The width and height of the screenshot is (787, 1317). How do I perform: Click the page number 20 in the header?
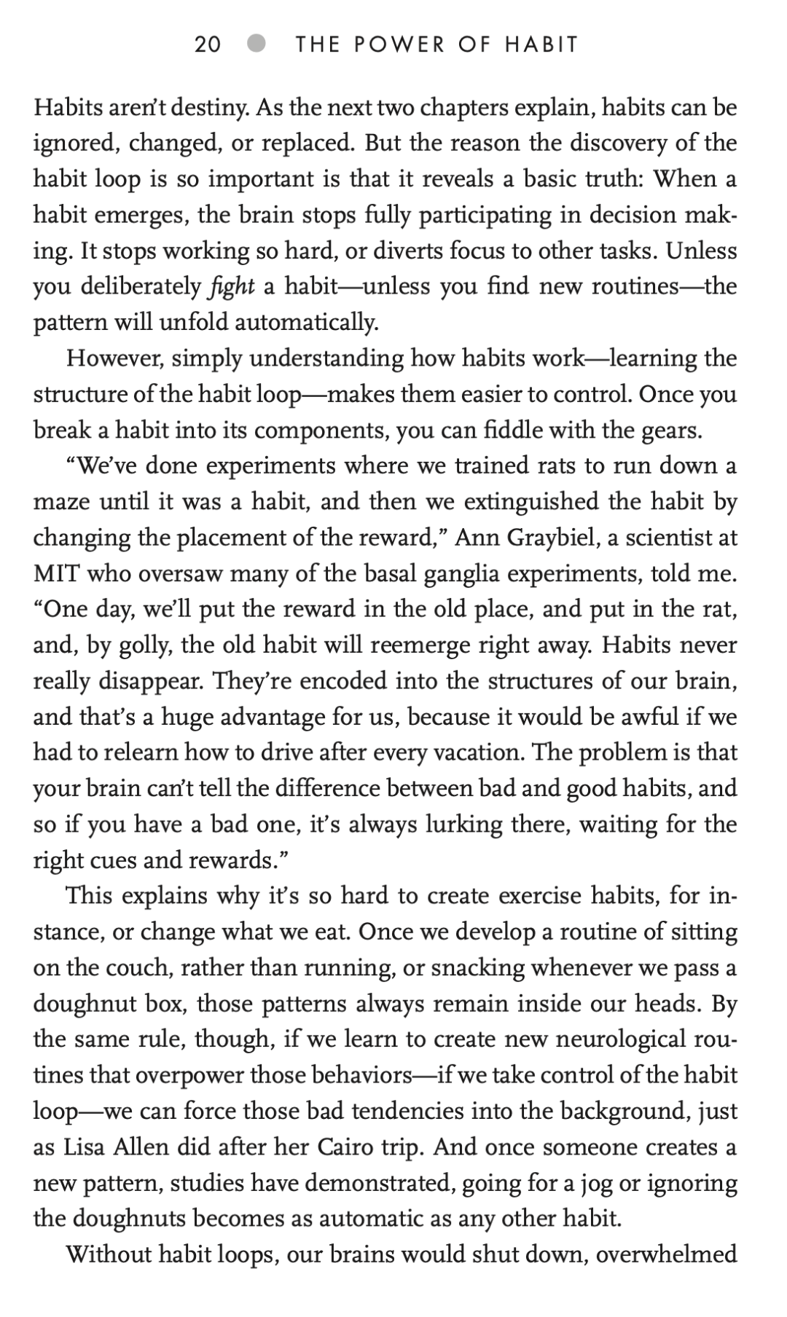pyautogui.click(x=208, y=44)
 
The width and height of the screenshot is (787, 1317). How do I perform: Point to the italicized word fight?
pyautogui.click(x=229, y=286)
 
